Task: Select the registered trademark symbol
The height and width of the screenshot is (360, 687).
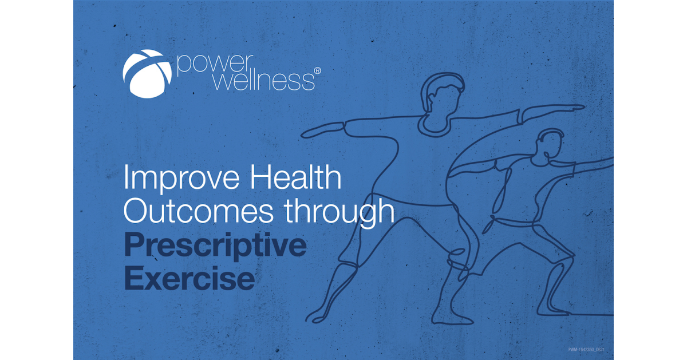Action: coord(318,70)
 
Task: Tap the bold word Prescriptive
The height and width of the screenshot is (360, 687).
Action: coord(215,247)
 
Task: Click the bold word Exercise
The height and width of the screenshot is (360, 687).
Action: coord(189,279)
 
